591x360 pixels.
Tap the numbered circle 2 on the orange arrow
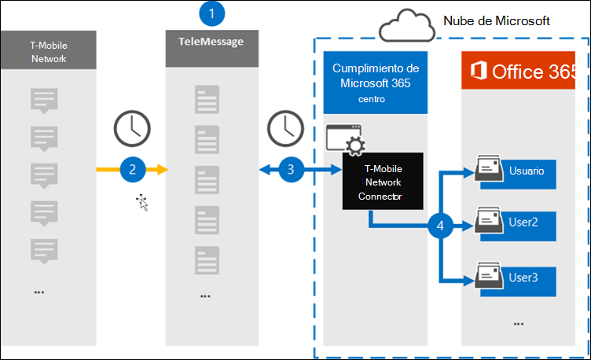[133, 168]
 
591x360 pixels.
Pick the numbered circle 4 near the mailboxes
[441, 226]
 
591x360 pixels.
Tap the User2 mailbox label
[524, 223]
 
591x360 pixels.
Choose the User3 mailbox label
[524, 277]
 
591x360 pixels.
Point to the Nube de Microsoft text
[497, 19]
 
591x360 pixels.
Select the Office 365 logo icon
[477, 72]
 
